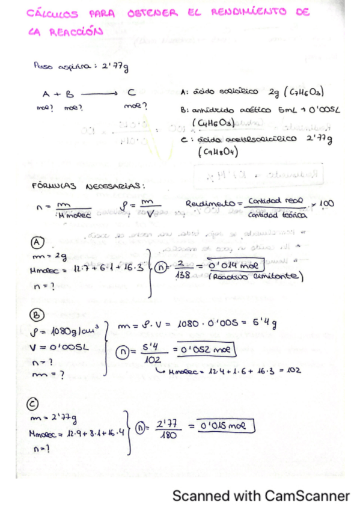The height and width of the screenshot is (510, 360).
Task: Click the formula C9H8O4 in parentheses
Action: [218, 152]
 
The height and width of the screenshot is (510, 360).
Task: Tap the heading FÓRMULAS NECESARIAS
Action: [88, 185]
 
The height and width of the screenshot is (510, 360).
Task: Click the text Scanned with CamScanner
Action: [260, 496]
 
